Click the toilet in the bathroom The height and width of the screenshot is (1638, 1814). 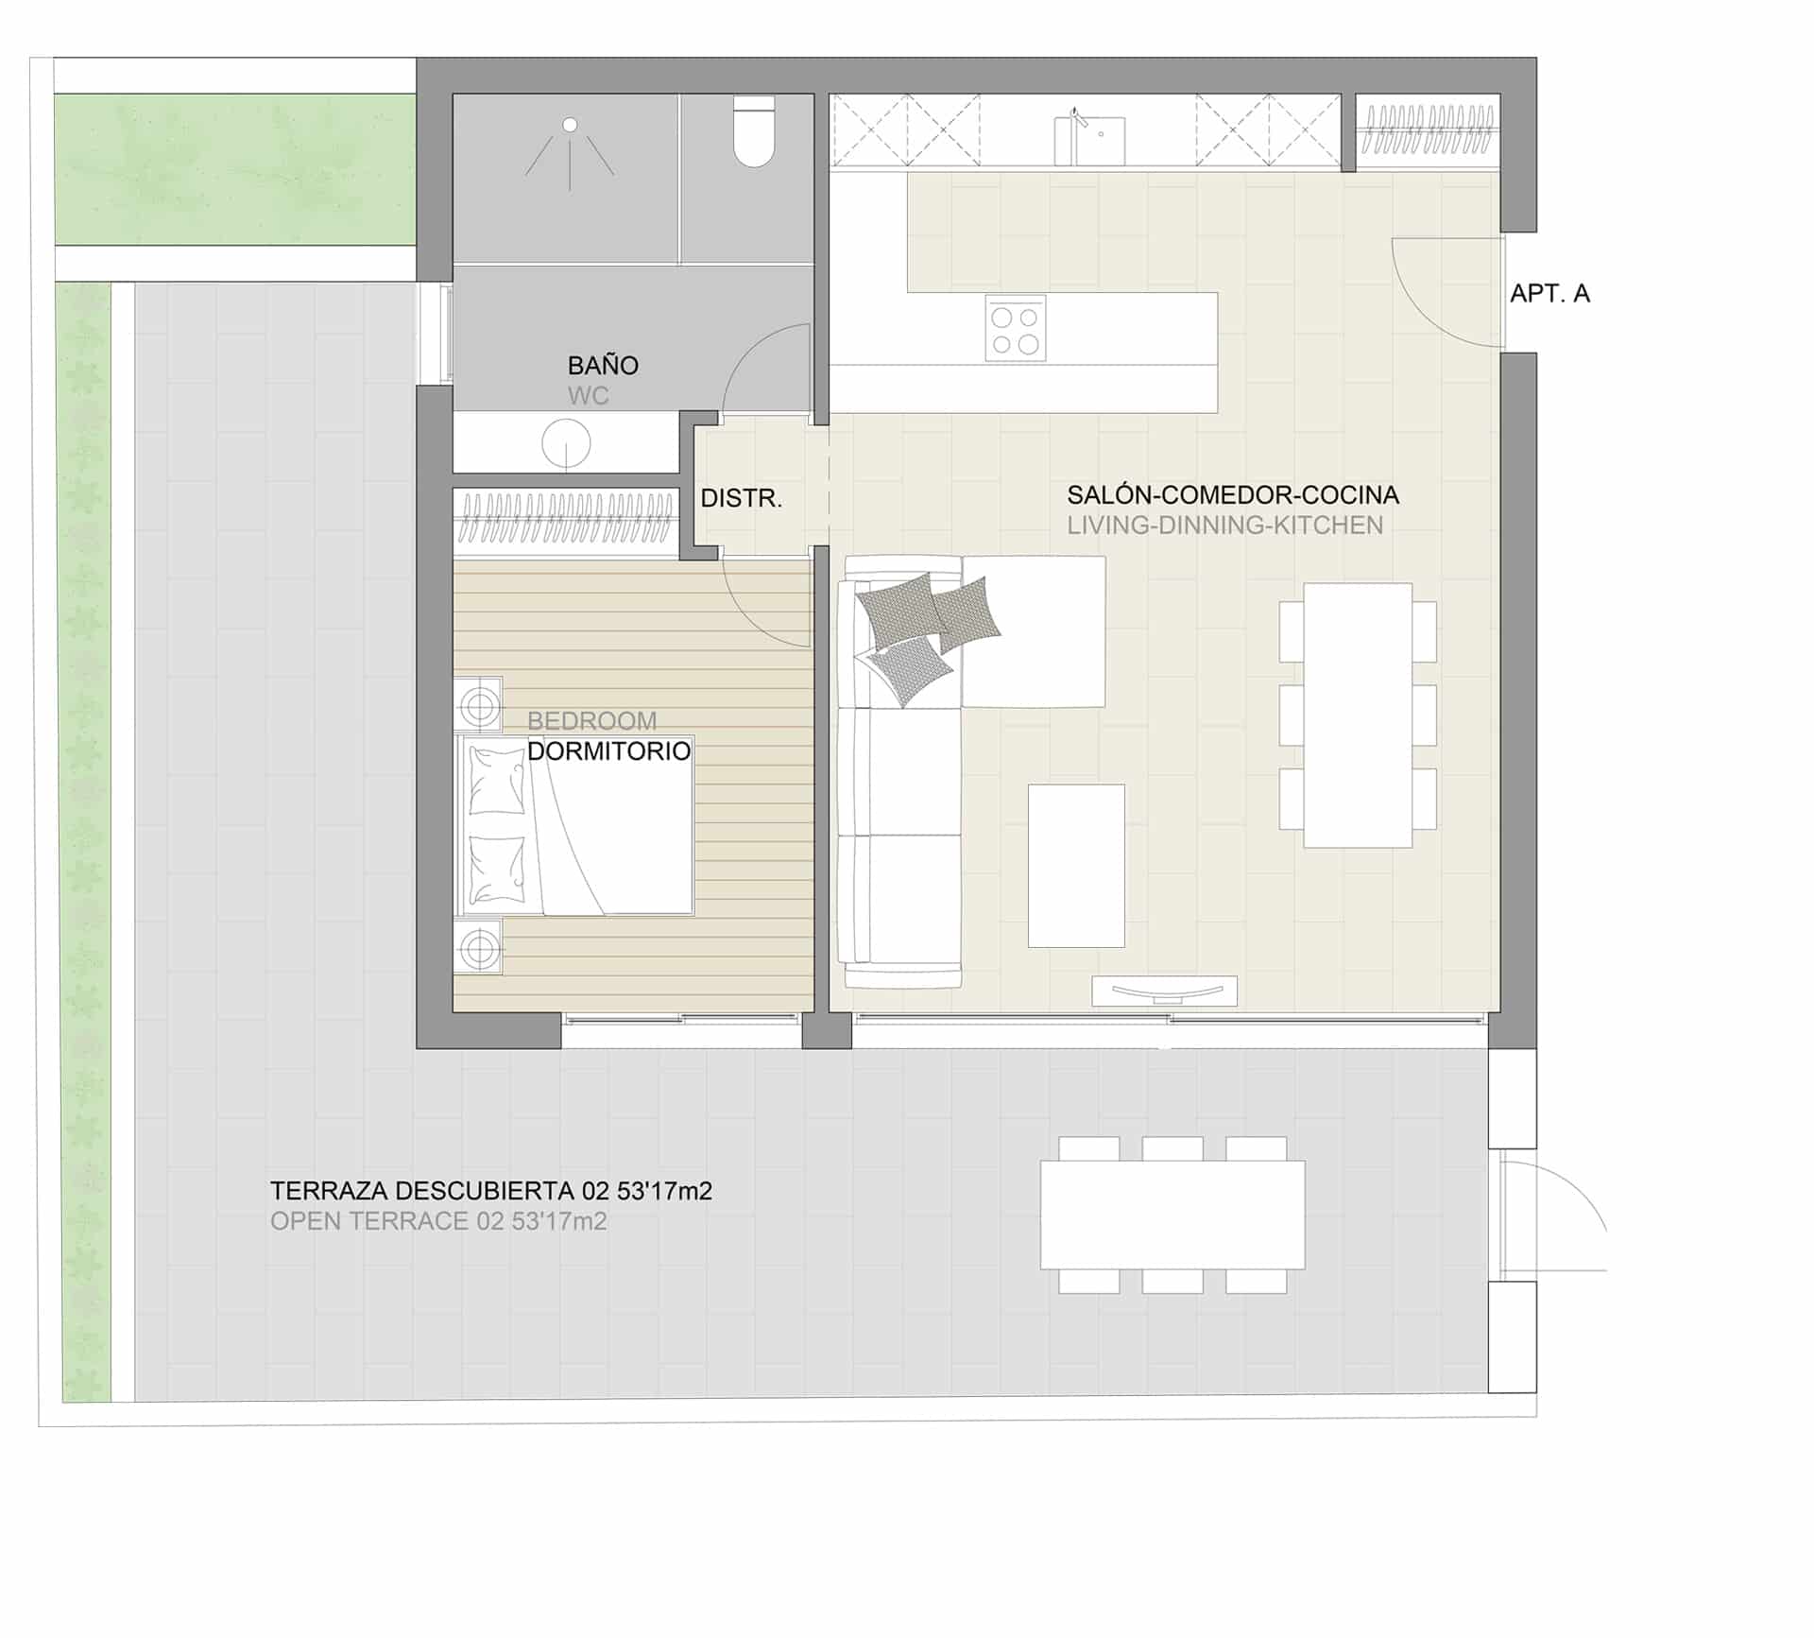pyautogui.click(x=754, y=134)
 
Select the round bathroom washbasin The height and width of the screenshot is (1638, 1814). pyautogui.click(x=566, y=442)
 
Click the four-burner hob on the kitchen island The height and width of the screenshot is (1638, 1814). pyautogui.click(x=1016, y=329)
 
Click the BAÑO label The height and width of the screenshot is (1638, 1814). pyautogui.click(x=603, y=365)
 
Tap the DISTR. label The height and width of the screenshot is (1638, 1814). pyautogui.click(x=742, y=498)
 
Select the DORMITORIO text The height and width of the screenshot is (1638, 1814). pyautogui.click(x=608, y=751)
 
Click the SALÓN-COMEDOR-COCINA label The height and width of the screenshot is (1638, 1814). pyautogui.click(x=1233, y=494)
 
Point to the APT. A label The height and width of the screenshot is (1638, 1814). pyautogui.click(x=1549, y=293)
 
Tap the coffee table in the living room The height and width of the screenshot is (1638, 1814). pyautogui.click(x=1076, y=865)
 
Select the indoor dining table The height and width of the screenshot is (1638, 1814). pyautogui.click(x=1358, y=716)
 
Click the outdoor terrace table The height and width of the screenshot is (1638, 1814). pyautogui.click(x=1172, y=1215)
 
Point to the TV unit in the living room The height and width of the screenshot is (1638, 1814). pyautogui.click(x=1164, y=991)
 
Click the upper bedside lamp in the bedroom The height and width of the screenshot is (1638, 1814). pyautogui.click(x=479, y=704)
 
